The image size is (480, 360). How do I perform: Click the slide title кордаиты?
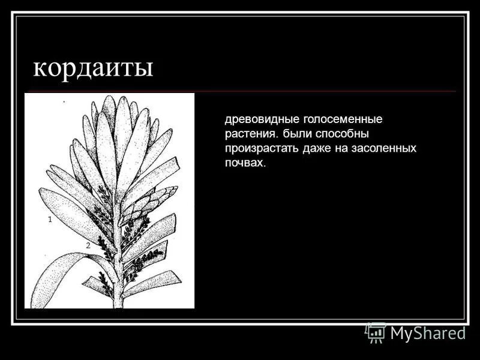pyautogui.click(x=93, y=67)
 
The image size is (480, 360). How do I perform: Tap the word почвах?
pyautogui.click(x=244, y=163)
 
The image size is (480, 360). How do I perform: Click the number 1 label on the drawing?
pyautogui.click(x=50, y=220)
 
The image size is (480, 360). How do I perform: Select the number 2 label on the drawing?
pyautogui.click(x=88, y=245)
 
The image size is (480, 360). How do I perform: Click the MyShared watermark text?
pyautogui.click(x=428, y=333)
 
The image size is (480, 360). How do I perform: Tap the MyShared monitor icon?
pyautogui.click(x=376, y=332)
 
